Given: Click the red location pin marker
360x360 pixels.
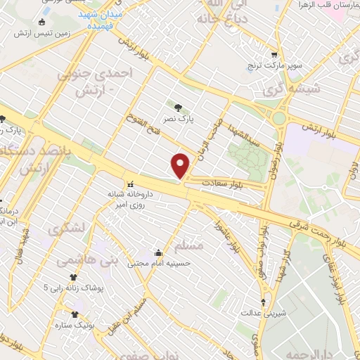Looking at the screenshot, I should pos(181,165).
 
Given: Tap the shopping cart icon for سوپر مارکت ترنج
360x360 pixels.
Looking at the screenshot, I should pos(274,55).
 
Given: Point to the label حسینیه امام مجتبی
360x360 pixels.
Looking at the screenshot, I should pos(155,264).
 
